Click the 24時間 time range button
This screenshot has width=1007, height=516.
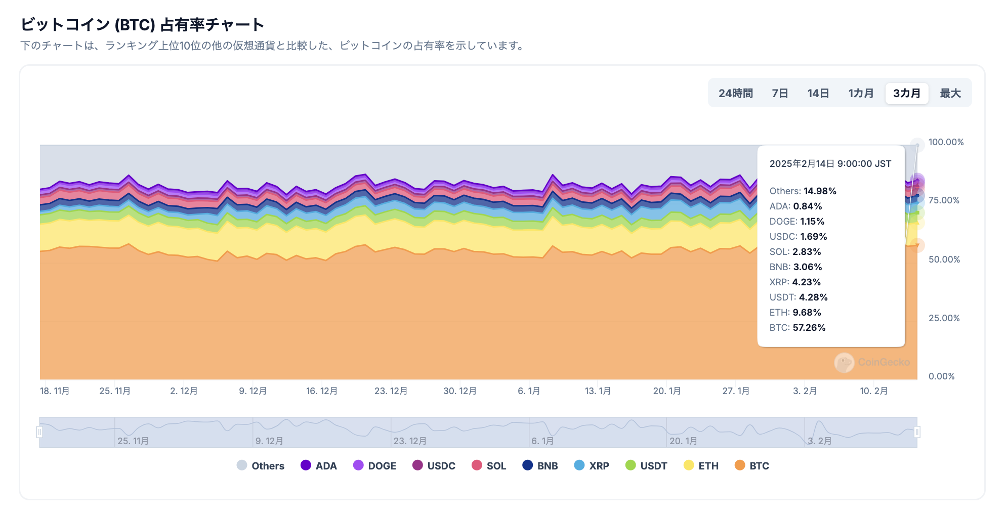(735, 94)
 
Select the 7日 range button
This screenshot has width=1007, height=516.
(780, 94)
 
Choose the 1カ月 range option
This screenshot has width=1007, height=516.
(861, 94)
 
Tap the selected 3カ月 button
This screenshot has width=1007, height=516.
(906, 94)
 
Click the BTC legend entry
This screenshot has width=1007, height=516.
(751, 466)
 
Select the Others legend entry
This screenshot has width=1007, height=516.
(260, 466)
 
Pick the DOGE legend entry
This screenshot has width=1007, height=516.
(374, 466)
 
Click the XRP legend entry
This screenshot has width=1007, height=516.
(592, 466)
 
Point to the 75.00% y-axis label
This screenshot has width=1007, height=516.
(944, 200)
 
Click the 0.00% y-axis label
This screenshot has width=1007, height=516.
(941, 376)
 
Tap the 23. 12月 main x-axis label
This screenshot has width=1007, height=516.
(391, 391)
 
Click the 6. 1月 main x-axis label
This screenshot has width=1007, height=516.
(529, 391)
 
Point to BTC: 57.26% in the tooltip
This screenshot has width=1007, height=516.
(798, 328)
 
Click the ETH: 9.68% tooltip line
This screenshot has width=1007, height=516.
(795, 313)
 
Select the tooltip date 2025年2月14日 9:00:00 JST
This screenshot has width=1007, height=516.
(830, 164)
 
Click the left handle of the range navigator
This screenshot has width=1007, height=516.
(39, 432)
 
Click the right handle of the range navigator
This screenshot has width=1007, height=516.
(917, 432)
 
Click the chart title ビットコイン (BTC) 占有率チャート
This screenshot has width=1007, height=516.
(142, 24)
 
